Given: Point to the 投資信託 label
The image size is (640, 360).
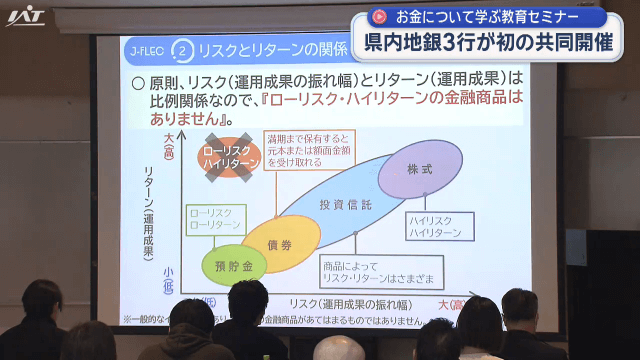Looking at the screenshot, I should pos(344,205).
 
